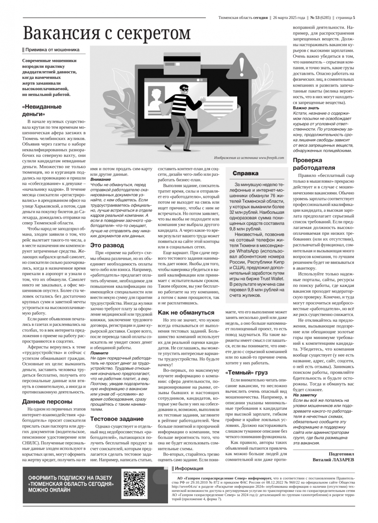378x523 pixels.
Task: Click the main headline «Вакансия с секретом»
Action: (x=107, y=33)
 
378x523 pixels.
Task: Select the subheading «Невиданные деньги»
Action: (x=41, y=110)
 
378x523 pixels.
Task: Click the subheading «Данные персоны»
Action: (x=47, y=401)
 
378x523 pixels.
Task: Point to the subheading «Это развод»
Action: (x=107, y=245)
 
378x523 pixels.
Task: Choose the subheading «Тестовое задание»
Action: (x=117, y=419)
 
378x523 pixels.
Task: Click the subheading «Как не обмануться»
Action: (x=186, y=313)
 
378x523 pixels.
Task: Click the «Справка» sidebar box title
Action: (x=245, y=174)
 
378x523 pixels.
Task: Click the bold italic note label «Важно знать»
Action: (x=306, y=108)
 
